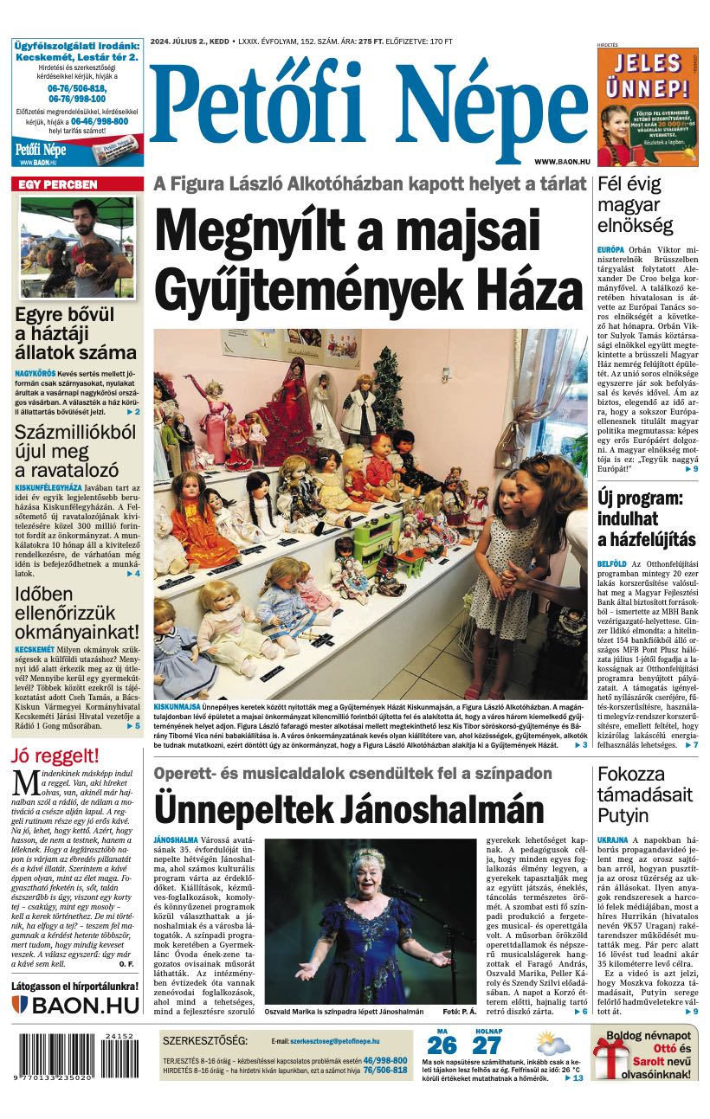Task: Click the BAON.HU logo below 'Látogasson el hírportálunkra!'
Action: pos(76,1005)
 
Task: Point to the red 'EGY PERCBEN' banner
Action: pos(77,184)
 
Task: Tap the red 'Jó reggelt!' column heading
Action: pos(55,755)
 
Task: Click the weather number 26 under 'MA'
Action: pos(442,1045)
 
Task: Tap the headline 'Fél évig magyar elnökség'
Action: pos(635,205)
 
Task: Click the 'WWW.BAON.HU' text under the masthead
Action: pos(562,162)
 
